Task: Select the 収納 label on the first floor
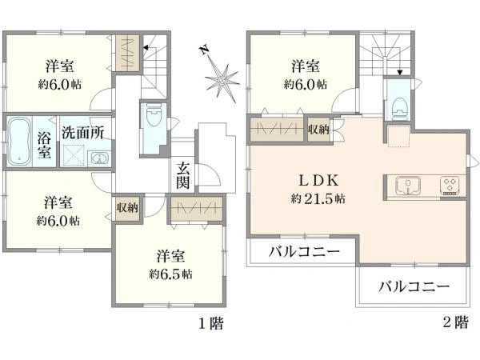(x=126, y=207)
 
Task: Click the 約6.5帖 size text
(x=170, y=274)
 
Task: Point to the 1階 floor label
(x=211, y=324)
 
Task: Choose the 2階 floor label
(x=455, y=324)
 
